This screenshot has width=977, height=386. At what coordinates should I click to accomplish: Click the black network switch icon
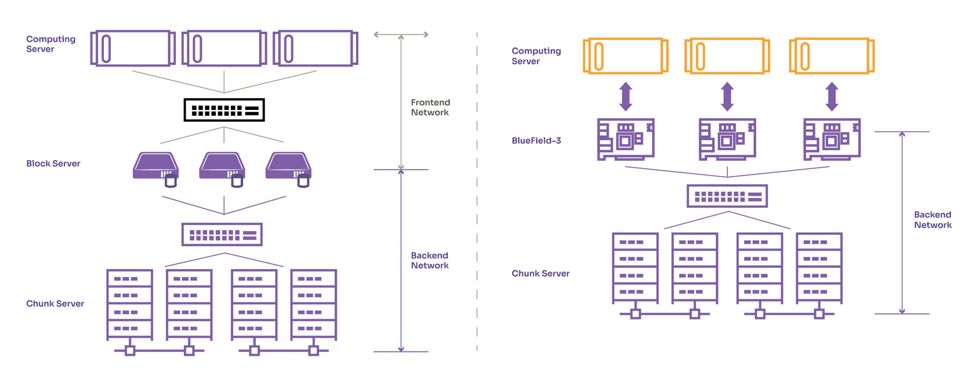(x=224, y=110)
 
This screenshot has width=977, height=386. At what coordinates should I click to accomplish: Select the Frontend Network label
(x=430, y=107)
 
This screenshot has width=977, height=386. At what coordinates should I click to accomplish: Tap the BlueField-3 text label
(x=536, y=140)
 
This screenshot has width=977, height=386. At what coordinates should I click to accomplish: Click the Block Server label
(x=53, y=164)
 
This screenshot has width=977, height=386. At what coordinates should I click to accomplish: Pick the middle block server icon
(x=222, y=167)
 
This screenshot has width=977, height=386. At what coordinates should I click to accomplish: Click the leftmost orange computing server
(x=626, y=56)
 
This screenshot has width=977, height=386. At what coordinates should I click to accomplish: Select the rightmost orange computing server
(x=832, y=56)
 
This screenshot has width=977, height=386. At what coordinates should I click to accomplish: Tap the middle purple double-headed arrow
(x=727, y=96)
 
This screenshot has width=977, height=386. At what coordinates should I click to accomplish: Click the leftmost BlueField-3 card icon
(x=626, y=139)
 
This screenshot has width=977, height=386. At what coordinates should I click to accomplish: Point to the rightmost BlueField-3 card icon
(x=832, y=139)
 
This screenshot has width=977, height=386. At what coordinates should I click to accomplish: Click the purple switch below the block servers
(x=222, y=235)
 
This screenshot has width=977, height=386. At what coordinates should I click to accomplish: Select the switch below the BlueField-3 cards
(x=727, y=196)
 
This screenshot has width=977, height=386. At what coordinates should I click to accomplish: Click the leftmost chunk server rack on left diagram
(x=130, y=305)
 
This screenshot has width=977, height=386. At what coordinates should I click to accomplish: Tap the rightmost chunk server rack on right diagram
(x=819, y=268)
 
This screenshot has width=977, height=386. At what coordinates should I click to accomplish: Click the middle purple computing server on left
(x=224, y=48)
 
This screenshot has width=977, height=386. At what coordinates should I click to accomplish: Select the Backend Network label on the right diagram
(x=933, y=220)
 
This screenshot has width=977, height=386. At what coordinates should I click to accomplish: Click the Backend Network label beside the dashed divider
(x=429, y=261)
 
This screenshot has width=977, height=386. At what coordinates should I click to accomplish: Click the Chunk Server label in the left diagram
(x=55, y=304)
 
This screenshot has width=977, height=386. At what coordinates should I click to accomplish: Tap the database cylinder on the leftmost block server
(x=171, y=181)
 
